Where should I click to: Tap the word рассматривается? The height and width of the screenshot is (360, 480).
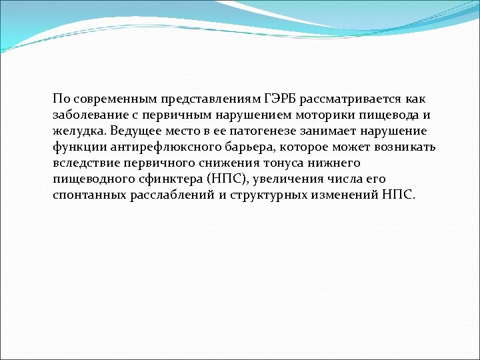[351, 99]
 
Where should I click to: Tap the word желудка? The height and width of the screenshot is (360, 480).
[79, 131]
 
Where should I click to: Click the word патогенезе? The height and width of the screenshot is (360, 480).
[277, 131]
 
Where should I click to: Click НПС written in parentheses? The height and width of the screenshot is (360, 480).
[229, 179]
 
